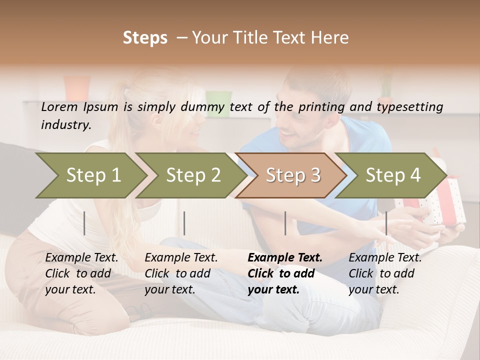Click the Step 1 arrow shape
[90, 175]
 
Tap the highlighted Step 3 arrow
[291, 175]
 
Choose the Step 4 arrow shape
[391, 175]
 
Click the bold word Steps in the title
[145, 37]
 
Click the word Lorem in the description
[59, 106]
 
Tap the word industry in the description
[65, 125]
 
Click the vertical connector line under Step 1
[84, 223]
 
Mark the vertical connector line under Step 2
[184, 223]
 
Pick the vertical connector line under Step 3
[285, 223]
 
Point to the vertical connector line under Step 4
[386, 223]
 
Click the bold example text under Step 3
[284, 273]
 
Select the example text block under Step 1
[81, 273]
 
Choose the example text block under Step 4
[384, 273]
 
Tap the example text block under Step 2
[181, 273]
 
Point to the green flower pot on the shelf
[218, 103]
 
